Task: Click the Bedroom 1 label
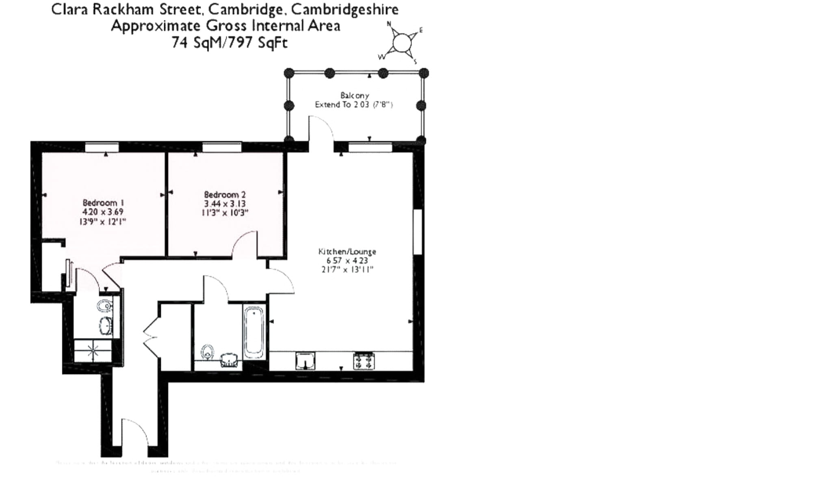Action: pyautogui.click(x=103, y=203)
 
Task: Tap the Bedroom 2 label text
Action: pyautogui.click(x=225, y=194)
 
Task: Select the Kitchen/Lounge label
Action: pyautogui.click(x=347, y=251)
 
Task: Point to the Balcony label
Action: pyautogui.click(x=355, y=95)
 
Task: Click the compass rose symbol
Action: pyautogui.click(x=402, y=42)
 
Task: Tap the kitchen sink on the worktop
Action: pyautogui.click(x=305, y=361)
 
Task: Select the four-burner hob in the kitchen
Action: pyautogui.click(x=364, y=361)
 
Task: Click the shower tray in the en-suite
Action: pyautogui.click(x=93, y=351)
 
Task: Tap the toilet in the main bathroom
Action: pyautogui.click(x=208, y=352)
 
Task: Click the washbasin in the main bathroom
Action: pyautogui.click(x=230, y=359)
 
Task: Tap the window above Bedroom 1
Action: pyautogui.click(x=102, y=147)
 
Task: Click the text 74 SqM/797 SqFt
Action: pyautogui.click(x=230, y=42)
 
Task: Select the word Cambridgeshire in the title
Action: pyautogui.click(x=345, y=9)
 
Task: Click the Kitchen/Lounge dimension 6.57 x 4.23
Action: pyautogui.click(x=347, y=261)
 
